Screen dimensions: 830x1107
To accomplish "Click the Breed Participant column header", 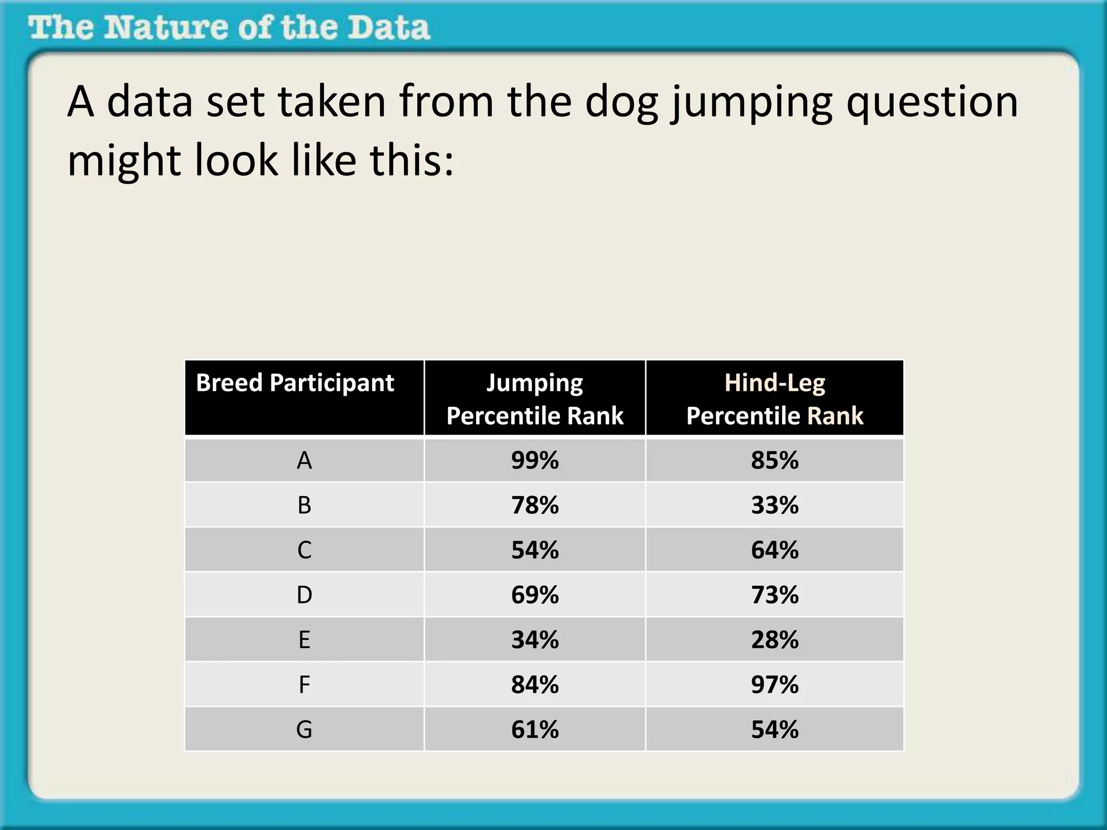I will pyautogui.click(x=295, y=383).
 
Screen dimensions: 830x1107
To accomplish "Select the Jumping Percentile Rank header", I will pyautogui.click(x=535, y=399).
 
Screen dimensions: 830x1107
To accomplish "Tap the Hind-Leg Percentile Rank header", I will pyautogui.click(x=775, y=399).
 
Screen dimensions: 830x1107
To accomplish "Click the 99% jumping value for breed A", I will pyautogui.click(x=535, y=460).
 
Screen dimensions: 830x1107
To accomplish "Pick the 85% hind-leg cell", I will pyautogui.click(x=775, y=460).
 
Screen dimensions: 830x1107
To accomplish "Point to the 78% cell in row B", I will pyautogui.click(x=535, y=505).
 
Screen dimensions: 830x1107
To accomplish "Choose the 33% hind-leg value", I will pyautogui.click(x=775, y=505).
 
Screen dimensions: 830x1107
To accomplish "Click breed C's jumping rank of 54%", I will pyautogui.click(x=535, y=550).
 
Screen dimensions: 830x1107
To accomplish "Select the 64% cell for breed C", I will pyautogui.click(x=775, y=550).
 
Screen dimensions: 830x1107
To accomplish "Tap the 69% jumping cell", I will pyautogui.click(x=535, y=595).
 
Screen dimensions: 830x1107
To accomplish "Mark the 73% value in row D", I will pyautogui.click(x=775, y=595).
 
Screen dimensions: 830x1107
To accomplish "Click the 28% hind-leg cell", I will pyautogui.click(x=775, y=640).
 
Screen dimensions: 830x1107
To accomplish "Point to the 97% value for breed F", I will pyautogui.click(x=775, y=685).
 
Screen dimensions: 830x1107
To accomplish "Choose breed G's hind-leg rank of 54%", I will pyautogui.click(x=775, y=729).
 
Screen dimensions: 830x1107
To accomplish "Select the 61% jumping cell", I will pyautogui.click(x=535, y=729).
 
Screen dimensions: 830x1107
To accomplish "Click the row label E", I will pyautogui.click(x=304, y=640).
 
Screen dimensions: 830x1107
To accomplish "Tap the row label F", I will pyautogui.click(x=304, y=685).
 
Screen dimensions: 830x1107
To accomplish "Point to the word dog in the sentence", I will pyautogui.click(x=622, y=103).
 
